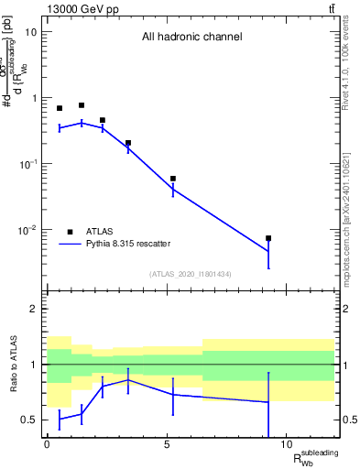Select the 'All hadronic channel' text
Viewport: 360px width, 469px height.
pyautogui.click(x=191, y=38)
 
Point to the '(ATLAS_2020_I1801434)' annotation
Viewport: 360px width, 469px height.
pyautogui.click(x=191, y=274)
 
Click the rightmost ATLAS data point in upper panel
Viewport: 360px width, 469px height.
pyautogui.click(x=268, y=238)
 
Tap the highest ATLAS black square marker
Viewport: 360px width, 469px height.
pyautogui.click(x=82, y=105)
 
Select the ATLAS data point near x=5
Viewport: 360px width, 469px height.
pyautogui.click(x=172, y=179)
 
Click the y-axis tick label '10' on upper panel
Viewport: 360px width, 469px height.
pyautogui.click(x=30, y=32)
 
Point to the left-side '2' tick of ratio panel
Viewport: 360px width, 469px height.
pyautogui.click(x=34, y=309)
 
